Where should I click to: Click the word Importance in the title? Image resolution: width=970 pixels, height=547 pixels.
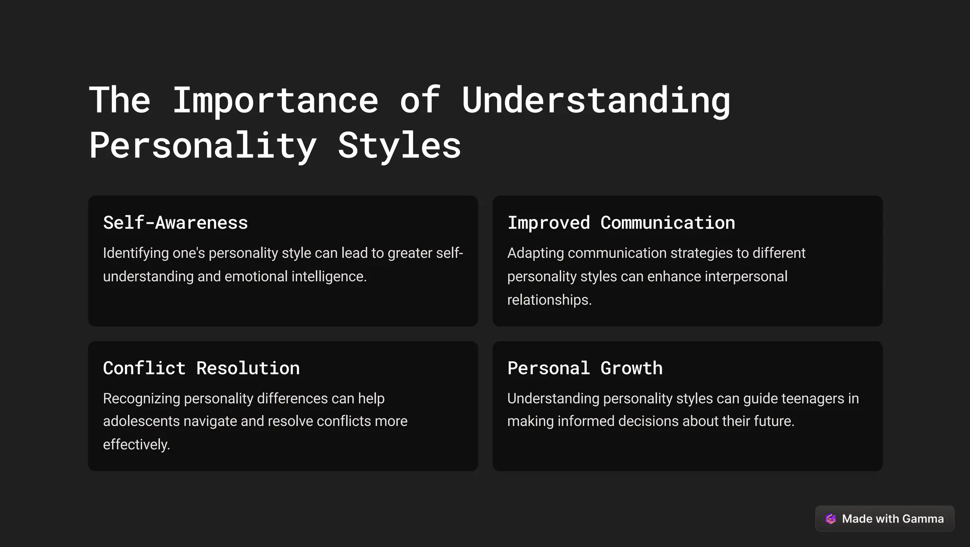(x=275, y=100)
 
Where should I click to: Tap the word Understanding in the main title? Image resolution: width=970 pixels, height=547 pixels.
(x=596, y=100)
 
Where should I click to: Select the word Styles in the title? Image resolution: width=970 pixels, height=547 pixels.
(x=399, y=146)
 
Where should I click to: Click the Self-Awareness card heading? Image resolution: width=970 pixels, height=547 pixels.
(x=175, y=223)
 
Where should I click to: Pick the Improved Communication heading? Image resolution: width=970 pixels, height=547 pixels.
(x=621, y=223)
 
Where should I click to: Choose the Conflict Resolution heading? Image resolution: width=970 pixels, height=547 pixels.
(x=201, y=368)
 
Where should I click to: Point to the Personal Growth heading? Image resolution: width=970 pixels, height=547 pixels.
(x=585, y=368)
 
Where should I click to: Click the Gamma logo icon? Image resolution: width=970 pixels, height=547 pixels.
(x=831, y=519)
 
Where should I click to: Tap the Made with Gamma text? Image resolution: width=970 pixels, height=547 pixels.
(x=892, y=519)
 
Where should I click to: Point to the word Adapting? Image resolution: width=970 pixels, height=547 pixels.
(x=535, y=253)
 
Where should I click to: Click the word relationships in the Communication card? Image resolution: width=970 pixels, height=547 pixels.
(x=549, y=300)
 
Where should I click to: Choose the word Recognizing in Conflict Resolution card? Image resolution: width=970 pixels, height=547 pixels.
(x=141, y=399)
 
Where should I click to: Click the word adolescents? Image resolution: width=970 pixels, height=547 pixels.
(x=141, y=421)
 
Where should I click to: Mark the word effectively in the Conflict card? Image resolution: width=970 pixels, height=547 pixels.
(x=136, y=445)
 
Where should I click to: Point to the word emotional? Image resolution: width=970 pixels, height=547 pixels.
(x=256, y=276)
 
